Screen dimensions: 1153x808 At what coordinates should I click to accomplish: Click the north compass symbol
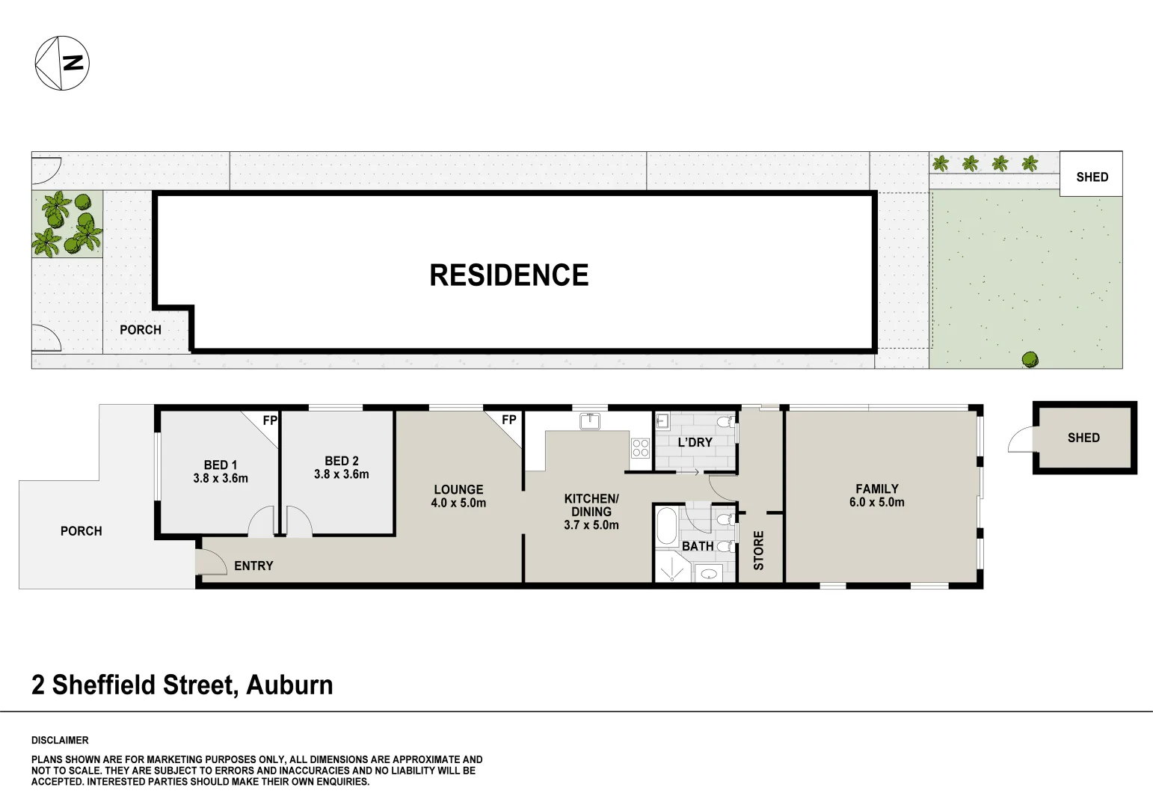click(x=62, y=64)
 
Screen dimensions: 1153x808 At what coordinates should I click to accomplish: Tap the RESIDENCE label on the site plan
click(x=509, y=275)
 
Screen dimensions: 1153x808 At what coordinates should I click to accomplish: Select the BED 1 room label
click(x=221, y=465)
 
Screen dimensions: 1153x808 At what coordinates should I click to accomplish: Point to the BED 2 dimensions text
click(x=341, y=474)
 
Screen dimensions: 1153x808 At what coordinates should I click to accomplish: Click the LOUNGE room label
click(x=458, y=490)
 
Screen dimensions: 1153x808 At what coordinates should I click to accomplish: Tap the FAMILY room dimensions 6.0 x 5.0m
click(x=876, y=503)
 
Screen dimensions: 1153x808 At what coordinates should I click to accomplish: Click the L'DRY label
click(x=695, y=442)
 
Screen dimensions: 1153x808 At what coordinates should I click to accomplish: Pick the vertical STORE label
click(x=759, y=551)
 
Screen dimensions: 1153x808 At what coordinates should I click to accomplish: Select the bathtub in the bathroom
click(x=666, y=526)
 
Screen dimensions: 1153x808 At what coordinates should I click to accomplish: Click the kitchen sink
click(x=590, y=421)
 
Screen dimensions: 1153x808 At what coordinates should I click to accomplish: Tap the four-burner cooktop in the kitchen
click(x=641, y=448)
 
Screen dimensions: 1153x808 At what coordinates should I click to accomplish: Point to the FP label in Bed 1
click(x=270, y=420)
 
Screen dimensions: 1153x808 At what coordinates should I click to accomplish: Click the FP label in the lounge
click(x=509, y=420)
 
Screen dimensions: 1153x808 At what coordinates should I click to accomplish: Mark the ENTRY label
click(x=253, y=566)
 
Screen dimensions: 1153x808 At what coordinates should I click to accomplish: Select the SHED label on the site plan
click(x=1092, y=177)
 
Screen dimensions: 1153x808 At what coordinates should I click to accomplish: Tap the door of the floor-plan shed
click(x=1020, y=440)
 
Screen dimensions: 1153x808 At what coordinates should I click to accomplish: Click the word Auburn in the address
click(x=289, y=685)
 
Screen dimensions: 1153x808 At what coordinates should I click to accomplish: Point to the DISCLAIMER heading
click(x=60, y=740)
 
